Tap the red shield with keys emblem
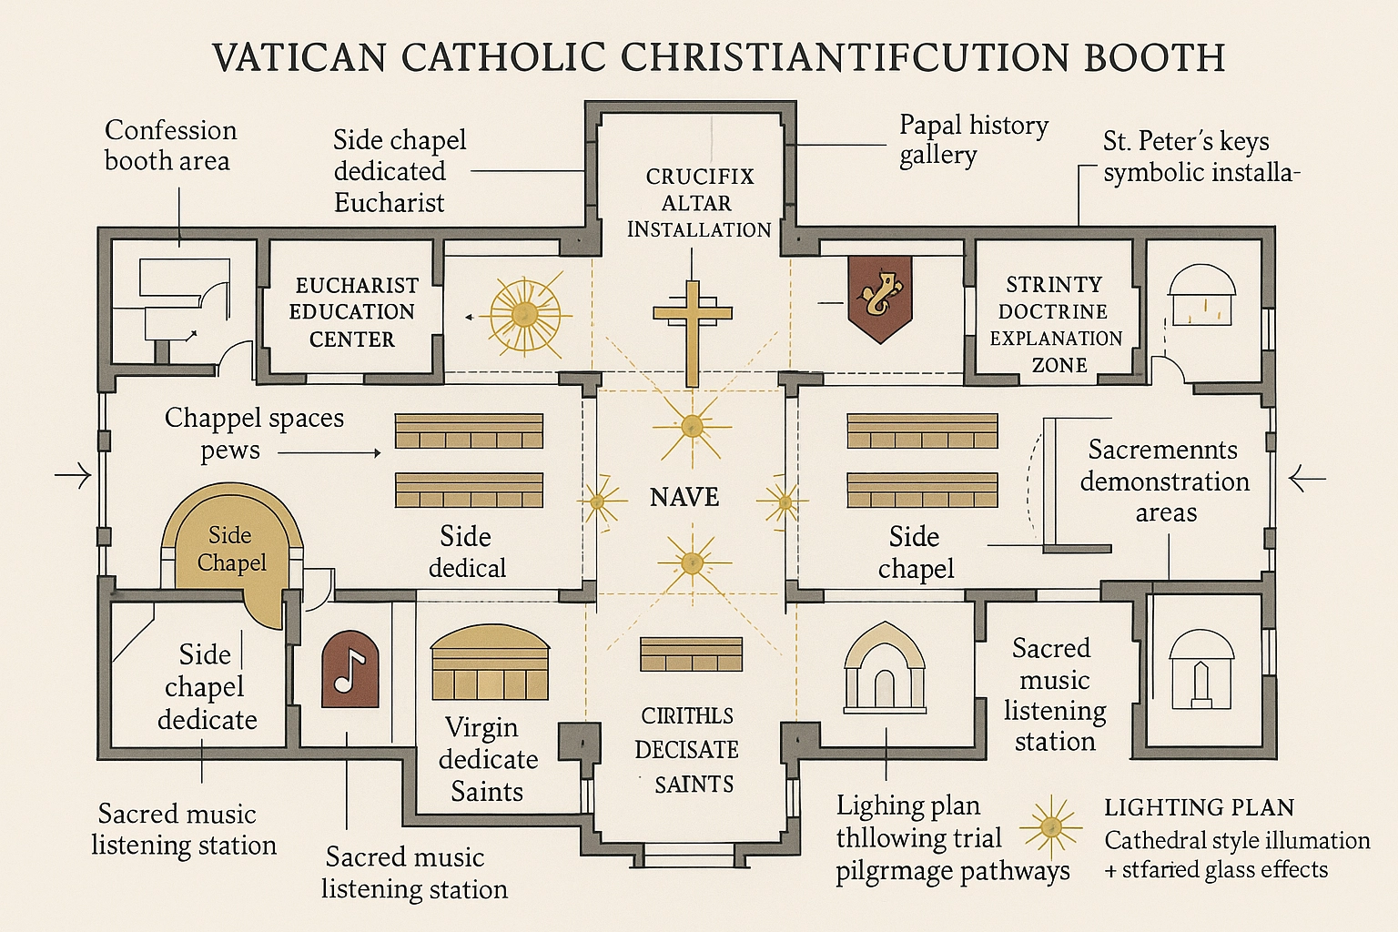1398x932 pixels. pyautogui.click(x=879, y=297)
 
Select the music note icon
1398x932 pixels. pyautogui.click(x=350, y=669)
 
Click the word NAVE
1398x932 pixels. pyautogui.click(x=684, y=497)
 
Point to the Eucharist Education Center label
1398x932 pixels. pyautogui.click(x=352, y=312)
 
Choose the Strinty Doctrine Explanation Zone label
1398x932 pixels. pyautogui.click(x=1056, y=325)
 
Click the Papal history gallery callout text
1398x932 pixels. pyautogui.click(x=973, y=139)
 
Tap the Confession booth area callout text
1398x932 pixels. pyautogui.click(x=170, y=146)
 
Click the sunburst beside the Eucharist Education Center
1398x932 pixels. pyautogui.click(x=524, y=315)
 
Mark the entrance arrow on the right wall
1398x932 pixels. pyautogui.click(x=1307, y=477)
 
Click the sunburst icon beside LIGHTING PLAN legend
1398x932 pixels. pyautogui.click(x=1050, y=827)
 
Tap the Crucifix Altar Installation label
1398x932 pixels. pyautogui.click(x=699, y=203)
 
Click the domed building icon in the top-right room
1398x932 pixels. pyautogui.click(x=1202, y=296)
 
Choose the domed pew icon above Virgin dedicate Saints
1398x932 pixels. pyautogui.click(x=491, y=664)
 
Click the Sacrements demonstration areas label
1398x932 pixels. pyautogui.click(x=1164, y=481)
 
